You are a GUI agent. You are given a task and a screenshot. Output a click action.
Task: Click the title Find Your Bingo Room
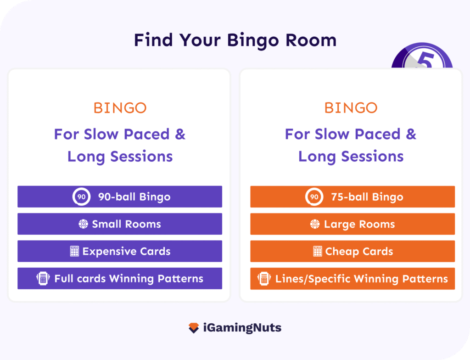pos(235,40)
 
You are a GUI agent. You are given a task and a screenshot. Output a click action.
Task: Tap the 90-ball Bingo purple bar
pos(120,197)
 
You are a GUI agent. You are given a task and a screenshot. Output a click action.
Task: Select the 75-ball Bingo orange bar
pos(352,197)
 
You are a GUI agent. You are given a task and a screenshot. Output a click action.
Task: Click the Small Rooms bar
pos(120,224)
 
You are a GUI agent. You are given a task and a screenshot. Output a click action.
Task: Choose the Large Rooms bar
pos(352,224)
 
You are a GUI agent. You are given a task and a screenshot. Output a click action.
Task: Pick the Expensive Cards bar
pos(120,251)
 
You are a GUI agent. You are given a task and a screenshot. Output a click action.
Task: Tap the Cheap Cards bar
pos(352,251)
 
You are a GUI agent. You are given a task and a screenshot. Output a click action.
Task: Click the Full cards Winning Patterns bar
pos(120,278)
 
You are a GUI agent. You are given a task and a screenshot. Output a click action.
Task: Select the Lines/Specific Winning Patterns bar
pos(352,278)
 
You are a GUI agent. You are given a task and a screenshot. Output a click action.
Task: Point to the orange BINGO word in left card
pos(120,108)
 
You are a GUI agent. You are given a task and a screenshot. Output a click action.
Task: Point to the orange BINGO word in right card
pos(351,108)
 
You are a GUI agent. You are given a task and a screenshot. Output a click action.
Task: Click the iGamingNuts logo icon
pos(194,328)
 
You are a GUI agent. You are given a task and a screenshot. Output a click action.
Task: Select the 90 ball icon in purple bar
pos(81,197)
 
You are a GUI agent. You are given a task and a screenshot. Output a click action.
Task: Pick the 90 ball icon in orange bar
pos(314,197)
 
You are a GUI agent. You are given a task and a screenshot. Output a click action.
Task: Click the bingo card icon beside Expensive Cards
pos(74,251)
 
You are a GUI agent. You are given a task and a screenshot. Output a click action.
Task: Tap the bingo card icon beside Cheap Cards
pos(317,251)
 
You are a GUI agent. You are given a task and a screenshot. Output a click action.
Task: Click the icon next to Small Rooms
pos(83,224)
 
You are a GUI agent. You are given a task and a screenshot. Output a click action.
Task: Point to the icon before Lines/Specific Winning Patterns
pos(263,278)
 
